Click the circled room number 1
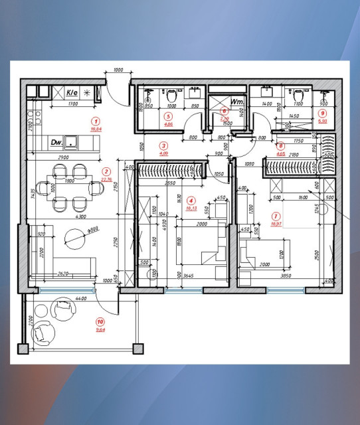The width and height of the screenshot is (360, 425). (96, 122)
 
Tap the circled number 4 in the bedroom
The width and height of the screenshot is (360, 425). (191, 200)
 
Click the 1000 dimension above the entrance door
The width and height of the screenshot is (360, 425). (118, 70)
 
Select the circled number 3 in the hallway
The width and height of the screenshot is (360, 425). (164, 145)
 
